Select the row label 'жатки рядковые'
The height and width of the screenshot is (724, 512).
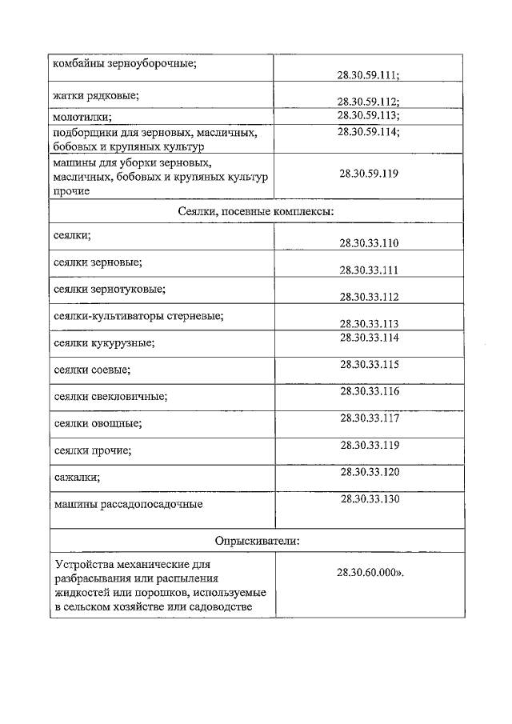pyautogui.click(x=96, y=96)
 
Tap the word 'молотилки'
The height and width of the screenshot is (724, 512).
pyautogui.click(x=82, y=117)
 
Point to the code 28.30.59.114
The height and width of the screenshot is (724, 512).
pyautogui.click(x=369, y=131)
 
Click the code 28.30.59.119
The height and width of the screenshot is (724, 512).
pyautogui.click(x=369, y=173)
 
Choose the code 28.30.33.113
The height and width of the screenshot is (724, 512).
pyautogui.click(x=369, y=323)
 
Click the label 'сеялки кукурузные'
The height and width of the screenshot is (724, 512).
pyautogui.click(x=103, y=343)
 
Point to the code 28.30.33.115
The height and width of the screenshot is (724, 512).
pyautogui.click(x=369, y=364)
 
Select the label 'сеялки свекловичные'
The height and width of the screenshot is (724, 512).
pyautogui.click(x=110, y=396)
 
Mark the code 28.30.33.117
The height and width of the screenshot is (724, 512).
pyautogui.click(x=369, y=417)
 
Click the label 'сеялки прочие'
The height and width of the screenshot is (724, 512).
pyautogui.click(x=92, y=450)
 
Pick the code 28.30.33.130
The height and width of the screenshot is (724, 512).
pyautogui.click(x=369, y=498)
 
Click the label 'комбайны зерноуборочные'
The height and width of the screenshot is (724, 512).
pyautogui.click(x=124, y=63)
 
